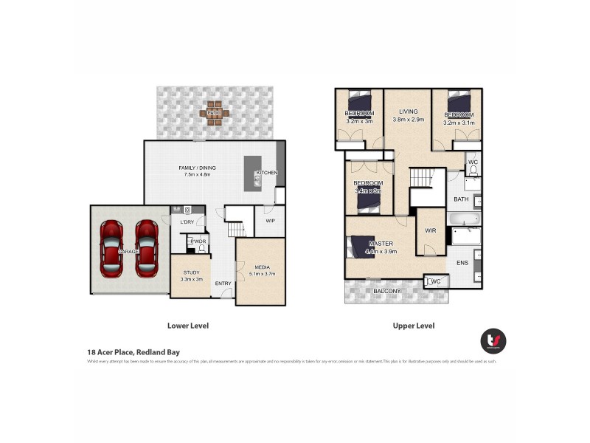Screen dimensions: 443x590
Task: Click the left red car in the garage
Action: tap(112, 249)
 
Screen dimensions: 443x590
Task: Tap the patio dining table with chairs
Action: tap(214, 113)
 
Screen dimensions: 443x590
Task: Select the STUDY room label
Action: tap(190, 273)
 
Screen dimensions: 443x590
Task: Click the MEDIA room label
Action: tap(262, 267)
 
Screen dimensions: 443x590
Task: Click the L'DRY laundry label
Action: tap(187, 222)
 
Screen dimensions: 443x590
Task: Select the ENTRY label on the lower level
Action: tap(223, 284)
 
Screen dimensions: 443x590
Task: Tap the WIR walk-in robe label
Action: tap(431, 231)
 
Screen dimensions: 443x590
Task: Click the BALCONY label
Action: tap(386, 292)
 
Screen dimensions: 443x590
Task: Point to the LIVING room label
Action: tap(408, 111)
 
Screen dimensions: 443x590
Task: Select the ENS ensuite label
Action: tap(462, 262)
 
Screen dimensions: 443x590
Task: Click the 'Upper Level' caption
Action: tap(414, 326)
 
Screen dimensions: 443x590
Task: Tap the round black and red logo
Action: tap(493, 340)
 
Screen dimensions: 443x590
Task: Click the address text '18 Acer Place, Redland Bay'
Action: tap(133, 352)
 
